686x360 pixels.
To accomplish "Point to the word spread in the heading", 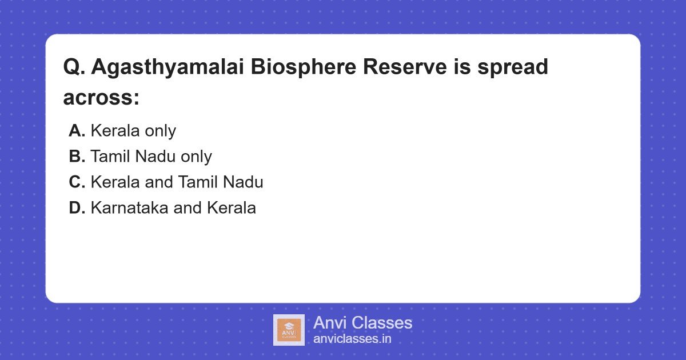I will pyautogui.click(x=510, y=67).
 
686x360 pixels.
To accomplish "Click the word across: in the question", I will pyautogui.click(x=101, y=98).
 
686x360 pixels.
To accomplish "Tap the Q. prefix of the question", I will pyautogui.click(x=74, y=67).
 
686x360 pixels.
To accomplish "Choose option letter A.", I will pyautogui.click(x=77, y=131).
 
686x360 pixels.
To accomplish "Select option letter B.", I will pyautogui.click(x=77, y=157).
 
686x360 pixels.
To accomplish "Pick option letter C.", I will pyautogui.click(x=77, y=182).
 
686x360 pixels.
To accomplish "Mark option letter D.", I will pyautogui.click(x=77, y=208).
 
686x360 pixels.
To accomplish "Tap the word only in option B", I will pyautogui.click(x=196, y=157).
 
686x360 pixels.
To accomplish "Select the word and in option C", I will pyautogui.click(x=158, y=182).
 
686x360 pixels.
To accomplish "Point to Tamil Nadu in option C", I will pyautogui.click(x=220, y=182).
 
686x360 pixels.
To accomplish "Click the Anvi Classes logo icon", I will pyautogui.click(x=289, y=330).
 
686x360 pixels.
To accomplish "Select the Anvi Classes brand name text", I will pyautogui.click(x=362, y=323).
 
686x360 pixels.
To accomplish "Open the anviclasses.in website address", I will pyautogui.click(x=352, y=339).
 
